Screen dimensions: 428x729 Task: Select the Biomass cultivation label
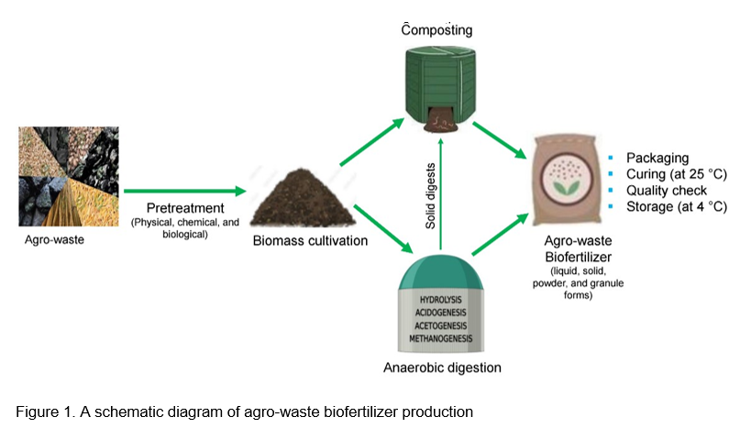pos(302,242)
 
